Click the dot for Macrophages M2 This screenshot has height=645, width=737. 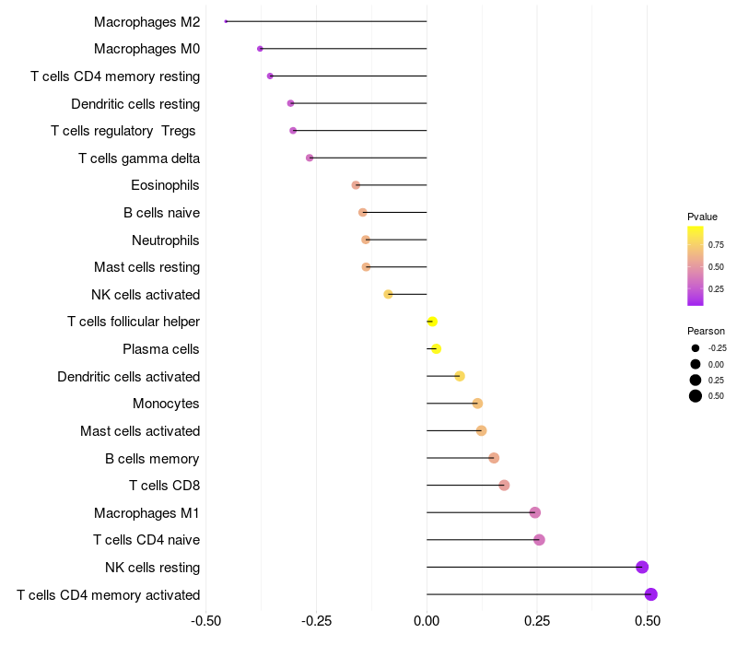[226, 21]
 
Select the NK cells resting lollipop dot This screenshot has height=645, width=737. [642, 567]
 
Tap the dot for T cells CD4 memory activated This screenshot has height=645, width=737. [651, 594]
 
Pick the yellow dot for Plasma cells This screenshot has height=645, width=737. [437, 348]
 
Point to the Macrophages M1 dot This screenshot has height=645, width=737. [535, 512]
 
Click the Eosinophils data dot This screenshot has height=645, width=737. [356, 185]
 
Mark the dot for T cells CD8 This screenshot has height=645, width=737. [504, 486]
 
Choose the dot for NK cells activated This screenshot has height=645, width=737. [389, 294]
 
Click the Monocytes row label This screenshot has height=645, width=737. [166, 404]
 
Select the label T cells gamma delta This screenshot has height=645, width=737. [139, 158]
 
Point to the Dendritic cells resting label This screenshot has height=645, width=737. [135, 104]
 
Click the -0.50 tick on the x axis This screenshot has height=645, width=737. [206, 621]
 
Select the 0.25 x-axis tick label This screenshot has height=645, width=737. [537, 621]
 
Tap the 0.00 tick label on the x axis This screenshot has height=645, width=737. [427, 621]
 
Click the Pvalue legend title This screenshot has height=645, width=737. [702, 217]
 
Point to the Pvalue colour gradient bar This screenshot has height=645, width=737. [695, 265]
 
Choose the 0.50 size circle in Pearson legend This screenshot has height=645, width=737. [695, 396]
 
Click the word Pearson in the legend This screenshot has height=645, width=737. [706, 331]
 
